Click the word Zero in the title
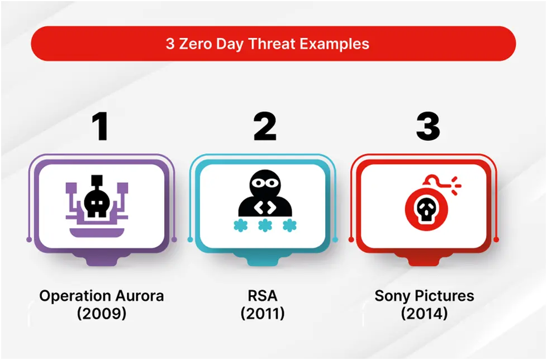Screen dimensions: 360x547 pos(196,44)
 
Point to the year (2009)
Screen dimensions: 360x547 pos(101,314)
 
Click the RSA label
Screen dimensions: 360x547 pos(263,296)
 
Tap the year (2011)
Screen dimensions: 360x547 pos(263,314)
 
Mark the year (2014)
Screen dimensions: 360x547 pos(425,314)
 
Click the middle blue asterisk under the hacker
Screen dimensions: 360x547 pos(265,225)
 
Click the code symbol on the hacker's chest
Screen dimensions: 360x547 pos(265,207)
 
